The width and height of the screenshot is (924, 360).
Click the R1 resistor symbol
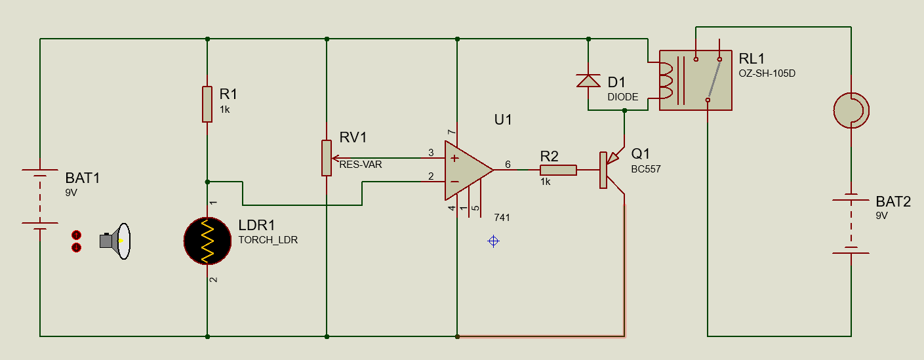tap(207, 104)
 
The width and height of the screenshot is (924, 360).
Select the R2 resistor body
tap(558, 170)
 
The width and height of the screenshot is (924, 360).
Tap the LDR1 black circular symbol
tap(207, 241)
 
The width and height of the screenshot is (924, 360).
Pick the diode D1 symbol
tap(588, 80)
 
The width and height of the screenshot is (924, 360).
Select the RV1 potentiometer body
tap(327, 158)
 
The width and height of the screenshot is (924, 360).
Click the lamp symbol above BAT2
tap(851, 110)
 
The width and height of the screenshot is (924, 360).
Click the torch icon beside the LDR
tap(116, 241)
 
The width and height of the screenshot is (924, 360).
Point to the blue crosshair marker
tap(494, 241)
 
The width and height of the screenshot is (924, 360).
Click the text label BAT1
tap(83, 178)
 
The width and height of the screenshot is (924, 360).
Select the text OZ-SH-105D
tap(767, 73)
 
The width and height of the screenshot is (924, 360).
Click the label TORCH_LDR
tap(268, 240)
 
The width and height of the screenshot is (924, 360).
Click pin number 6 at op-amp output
tap(508, 164)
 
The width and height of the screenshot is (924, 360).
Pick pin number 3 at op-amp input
tap(431, 153)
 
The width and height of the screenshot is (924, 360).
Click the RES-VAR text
tap(360, 165)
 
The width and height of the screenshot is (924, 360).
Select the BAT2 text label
tap(893, 202)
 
